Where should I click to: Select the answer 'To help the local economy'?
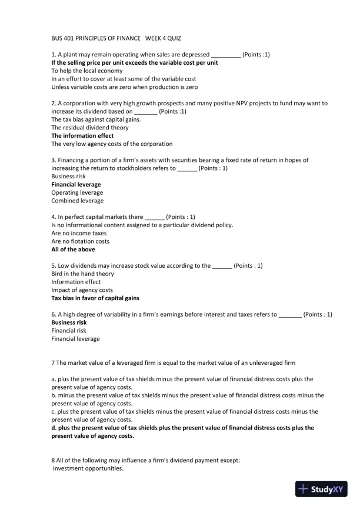click(x=87, y=71)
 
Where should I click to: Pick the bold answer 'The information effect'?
click(x=82, y=135)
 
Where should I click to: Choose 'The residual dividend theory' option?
click(x=90, y=127)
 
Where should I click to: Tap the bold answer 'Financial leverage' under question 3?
click(x=76, y=184)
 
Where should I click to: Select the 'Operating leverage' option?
click(x=77, y=192)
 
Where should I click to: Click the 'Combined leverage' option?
click(x=77, y=201)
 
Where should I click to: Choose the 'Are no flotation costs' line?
click(x=80, y=241)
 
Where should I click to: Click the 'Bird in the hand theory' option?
click(x=83, y=274)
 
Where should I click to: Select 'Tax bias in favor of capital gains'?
click(x=95, y=298)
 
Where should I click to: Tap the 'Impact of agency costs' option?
click(x=82, y=290)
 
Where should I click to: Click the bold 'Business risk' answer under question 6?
click(x=69, y=322)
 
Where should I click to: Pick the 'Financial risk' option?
click(x=69, y=331)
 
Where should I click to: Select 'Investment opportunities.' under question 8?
click(x=88, y=468)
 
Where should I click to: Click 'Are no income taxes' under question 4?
click(x=79, y=233)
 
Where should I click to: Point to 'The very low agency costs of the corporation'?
click(x=112, y=144)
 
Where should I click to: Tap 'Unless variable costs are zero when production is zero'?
click(x=124, y=87)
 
